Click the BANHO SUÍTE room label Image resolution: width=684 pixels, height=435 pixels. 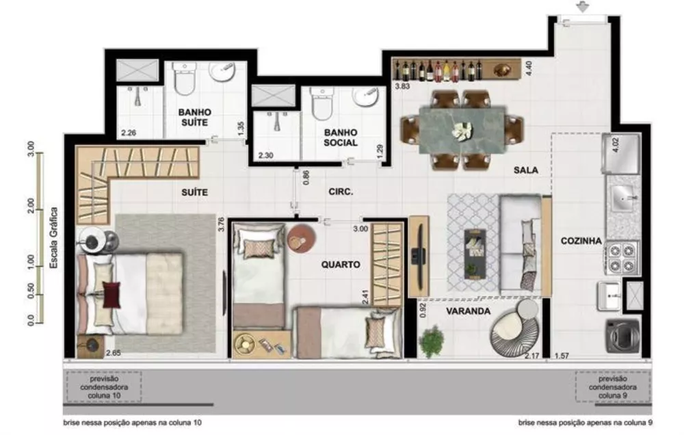[194, 117]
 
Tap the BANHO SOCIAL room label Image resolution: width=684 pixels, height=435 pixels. [341, 137]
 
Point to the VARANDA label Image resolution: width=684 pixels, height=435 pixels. [469, 311]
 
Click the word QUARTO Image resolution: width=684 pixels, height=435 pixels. [340, 264]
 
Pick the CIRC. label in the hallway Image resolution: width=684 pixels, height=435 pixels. [340, 192]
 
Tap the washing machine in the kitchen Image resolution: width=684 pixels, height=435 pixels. [622, 336]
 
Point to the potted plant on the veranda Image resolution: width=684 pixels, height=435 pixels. [432, 340]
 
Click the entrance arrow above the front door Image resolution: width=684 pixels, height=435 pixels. [582, 8]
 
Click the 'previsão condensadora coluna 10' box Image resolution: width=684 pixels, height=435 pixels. [105, 387]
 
